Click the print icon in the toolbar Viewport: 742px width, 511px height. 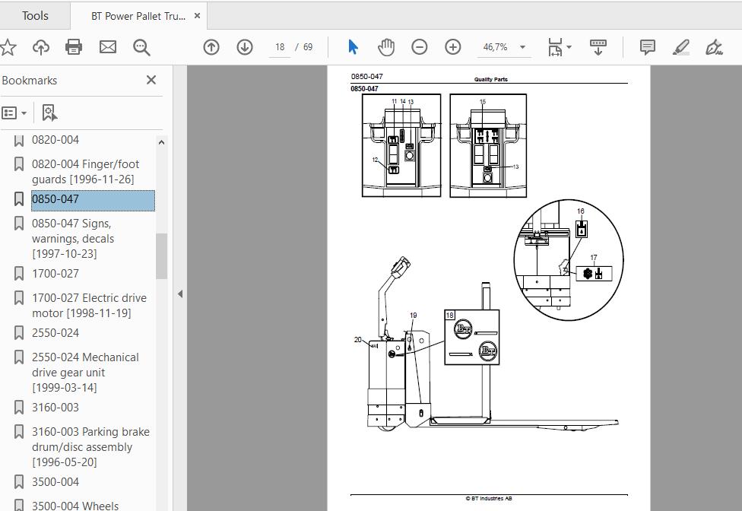coord(73,47)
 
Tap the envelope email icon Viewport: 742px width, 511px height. coord(107,47)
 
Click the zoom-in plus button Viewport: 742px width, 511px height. coord(453,47)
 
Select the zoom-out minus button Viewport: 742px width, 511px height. coord(419,47)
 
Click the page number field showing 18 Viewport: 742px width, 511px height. coord(280,47)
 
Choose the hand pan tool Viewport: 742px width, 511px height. coord(386,47)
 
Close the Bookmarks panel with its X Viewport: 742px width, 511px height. coord(151,80)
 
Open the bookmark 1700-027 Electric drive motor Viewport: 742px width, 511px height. coord(90,305)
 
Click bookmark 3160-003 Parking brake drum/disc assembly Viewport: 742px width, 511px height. coord(90,446)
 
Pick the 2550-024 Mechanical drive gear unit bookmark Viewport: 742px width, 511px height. coord(85,372)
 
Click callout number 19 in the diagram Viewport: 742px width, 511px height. coord(413,315)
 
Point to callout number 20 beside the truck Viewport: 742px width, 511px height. coord(358,339)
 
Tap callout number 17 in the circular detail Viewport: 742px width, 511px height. coord(594,257)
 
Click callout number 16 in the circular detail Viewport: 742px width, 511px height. coord(581,211)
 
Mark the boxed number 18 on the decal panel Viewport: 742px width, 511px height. coord(449,315)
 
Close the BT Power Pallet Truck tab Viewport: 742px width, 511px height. coord(198,16)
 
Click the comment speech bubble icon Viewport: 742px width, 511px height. coord(648,47)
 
